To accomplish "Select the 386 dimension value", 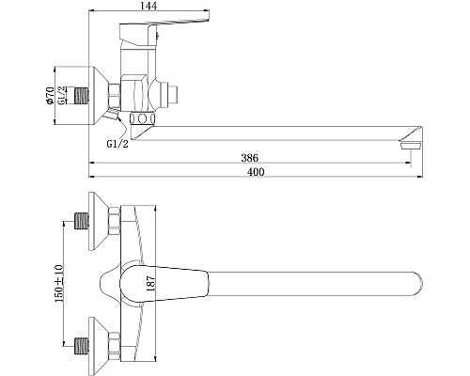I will coord(249,157).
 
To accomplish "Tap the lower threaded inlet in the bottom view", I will coord(82,342).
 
